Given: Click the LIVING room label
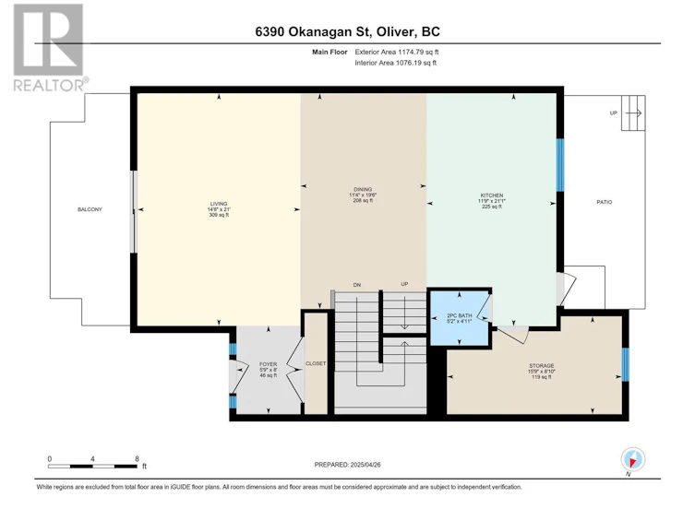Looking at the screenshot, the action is pos(219,204).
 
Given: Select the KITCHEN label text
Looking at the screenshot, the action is pos(492,195).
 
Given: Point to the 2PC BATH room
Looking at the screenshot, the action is pos(460,315).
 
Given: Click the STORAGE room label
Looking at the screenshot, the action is pos(541,366).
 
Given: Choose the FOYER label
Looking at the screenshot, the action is pos(269,364).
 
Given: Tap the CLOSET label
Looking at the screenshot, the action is pos(316,363).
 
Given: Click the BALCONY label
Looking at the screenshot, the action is pos(90,209).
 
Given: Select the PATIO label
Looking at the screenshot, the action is pos(605,202).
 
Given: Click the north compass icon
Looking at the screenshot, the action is pos(633,459).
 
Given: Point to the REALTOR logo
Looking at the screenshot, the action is pos(49,47).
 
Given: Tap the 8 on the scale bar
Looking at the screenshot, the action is pos(138,458).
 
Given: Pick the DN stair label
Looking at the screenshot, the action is pos(357,285).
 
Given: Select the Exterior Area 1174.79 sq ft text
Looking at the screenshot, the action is pos(397,52).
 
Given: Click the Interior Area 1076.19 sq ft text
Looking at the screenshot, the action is pos(395,63).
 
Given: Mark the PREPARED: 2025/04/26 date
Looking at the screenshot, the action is pos(347,465).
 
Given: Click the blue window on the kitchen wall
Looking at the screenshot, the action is pos(560,165).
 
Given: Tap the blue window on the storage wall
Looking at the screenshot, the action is pos(626,364).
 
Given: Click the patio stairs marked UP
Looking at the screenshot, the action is pos(633,112).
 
